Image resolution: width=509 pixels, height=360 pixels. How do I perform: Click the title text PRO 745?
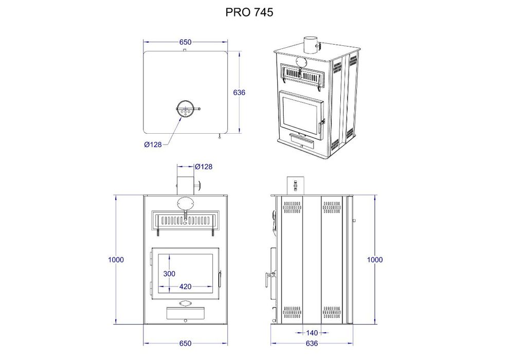click(x=249, y=12)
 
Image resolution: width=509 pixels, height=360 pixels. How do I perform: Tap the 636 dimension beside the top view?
click(x=239, y=93)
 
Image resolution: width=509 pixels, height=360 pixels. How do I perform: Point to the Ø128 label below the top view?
click(x=153, y=145)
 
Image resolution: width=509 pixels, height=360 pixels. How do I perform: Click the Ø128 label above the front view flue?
click(x=204, y=167)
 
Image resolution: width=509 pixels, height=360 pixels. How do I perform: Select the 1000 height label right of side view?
click(x=375, y=260)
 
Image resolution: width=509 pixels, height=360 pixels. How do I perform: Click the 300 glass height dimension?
click(x=169, y=274)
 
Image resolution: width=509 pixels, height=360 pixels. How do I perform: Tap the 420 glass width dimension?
click(x=186, y=286)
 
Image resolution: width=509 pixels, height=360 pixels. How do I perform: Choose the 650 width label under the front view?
click(x=186, y=343)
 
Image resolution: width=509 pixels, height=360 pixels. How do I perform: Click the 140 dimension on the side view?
click(x=312, y=333)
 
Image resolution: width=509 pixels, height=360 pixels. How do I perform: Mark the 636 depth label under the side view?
click(x=312, y=343)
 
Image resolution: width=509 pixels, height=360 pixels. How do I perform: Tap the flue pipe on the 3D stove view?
click(x=310, y=45)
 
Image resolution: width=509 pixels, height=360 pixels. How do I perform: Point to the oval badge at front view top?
click(x=186, y=202)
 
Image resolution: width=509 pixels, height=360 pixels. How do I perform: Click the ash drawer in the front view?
click(x=186, y=313)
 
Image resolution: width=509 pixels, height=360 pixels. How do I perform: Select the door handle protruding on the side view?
click(x=268, y=278)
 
